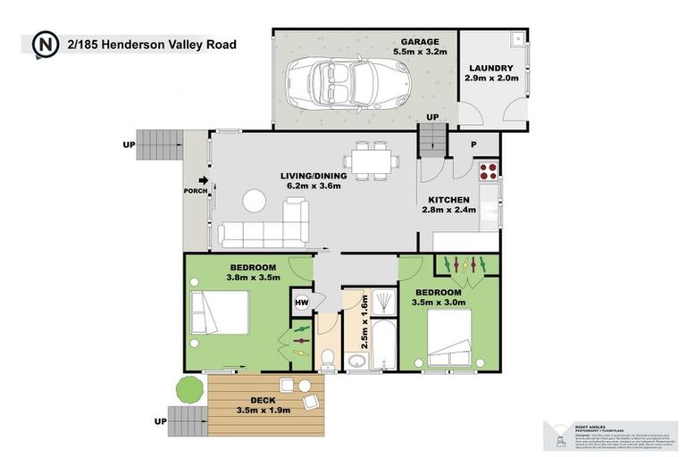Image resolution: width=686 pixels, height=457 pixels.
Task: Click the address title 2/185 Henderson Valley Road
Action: (x=151, y=43)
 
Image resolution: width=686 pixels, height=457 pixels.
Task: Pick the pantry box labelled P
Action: (x=473, y=145)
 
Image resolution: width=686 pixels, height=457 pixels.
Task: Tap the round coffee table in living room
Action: (x=255, y=200)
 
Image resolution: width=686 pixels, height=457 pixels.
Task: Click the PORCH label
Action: (x=195, y=190)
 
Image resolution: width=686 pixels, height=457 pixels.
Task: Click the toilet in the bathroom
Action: (x=328, y=358)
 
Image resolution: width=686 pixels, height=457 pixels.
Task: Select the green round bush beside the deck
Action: (x=188, y=388)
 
